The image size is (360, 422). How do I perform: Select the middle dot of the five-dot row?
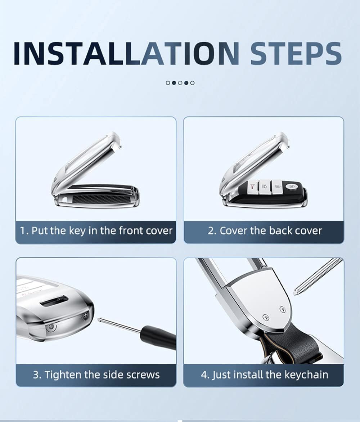coord(180,83)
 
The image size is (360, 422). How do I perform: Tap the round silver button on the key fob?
coord(292,186)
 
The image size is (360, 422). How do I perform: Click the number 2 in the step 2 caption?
coord(211,231)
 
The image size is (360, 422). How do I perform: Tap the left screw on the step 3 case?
coord(51,327)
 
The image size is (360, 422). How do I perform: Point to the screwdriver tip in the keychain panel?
coord(296,292)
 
